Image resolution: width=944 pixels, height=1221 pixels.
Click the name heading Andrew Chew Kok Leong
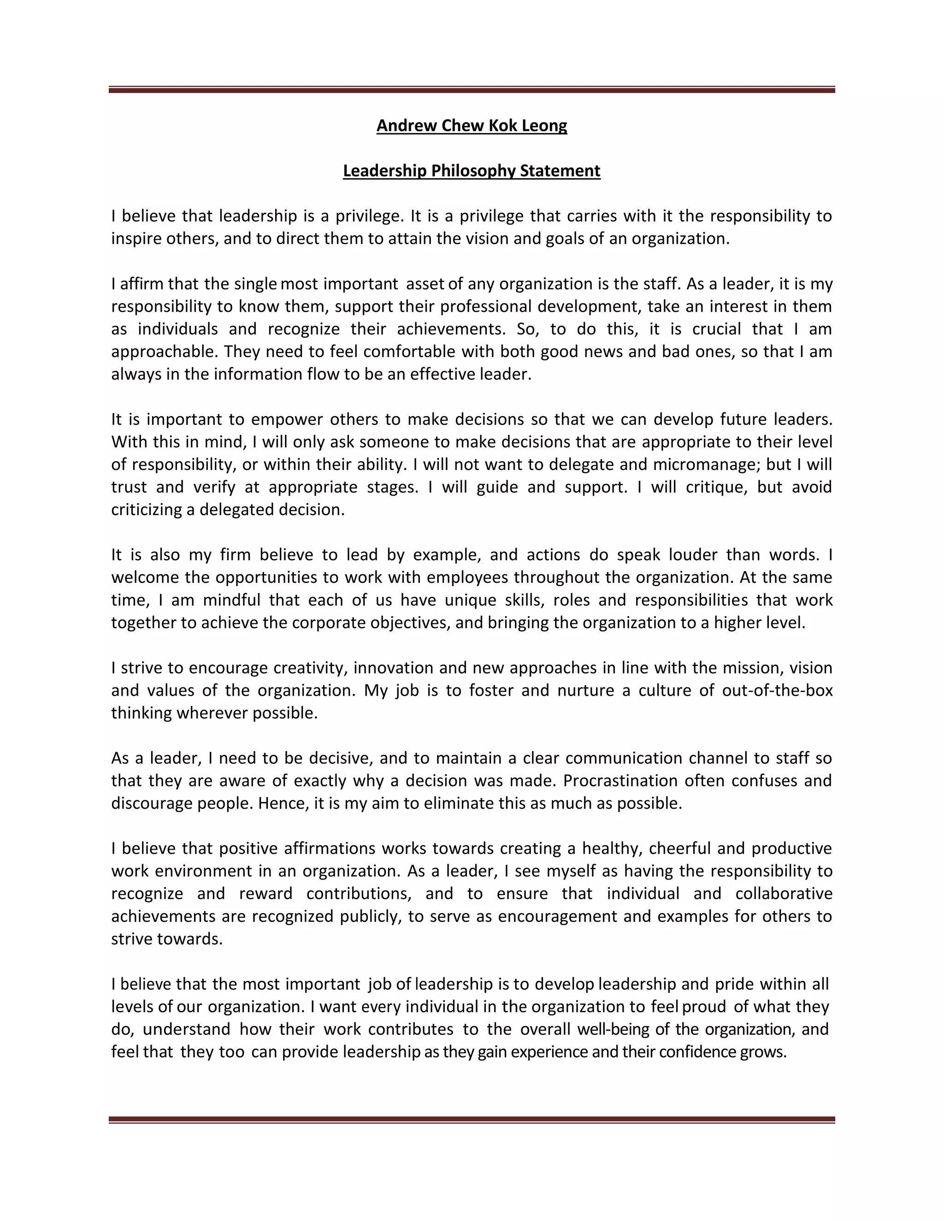pyautogui.click(x=472, y=125)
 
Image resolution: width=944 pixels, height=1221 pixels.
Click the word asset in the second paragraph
pyautogui.click(x=425, y=284)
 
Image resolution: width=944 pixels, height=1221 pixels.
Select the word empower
pyautogui.click(x=286, y=419)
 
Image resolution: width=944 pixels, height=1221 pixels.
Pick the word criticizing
pyautogui.click(x=147, y=510)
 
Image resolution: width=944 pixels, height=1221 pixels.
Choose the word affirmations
pyautogui.click(x=328, y=849)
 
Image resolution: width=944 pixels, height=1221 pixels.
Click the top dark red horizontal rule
pyautogui.click(x=472, y=89)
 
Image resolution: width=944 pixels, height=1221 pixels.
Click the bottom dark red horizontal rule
pyautogui.click(x=472, y=1120)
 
